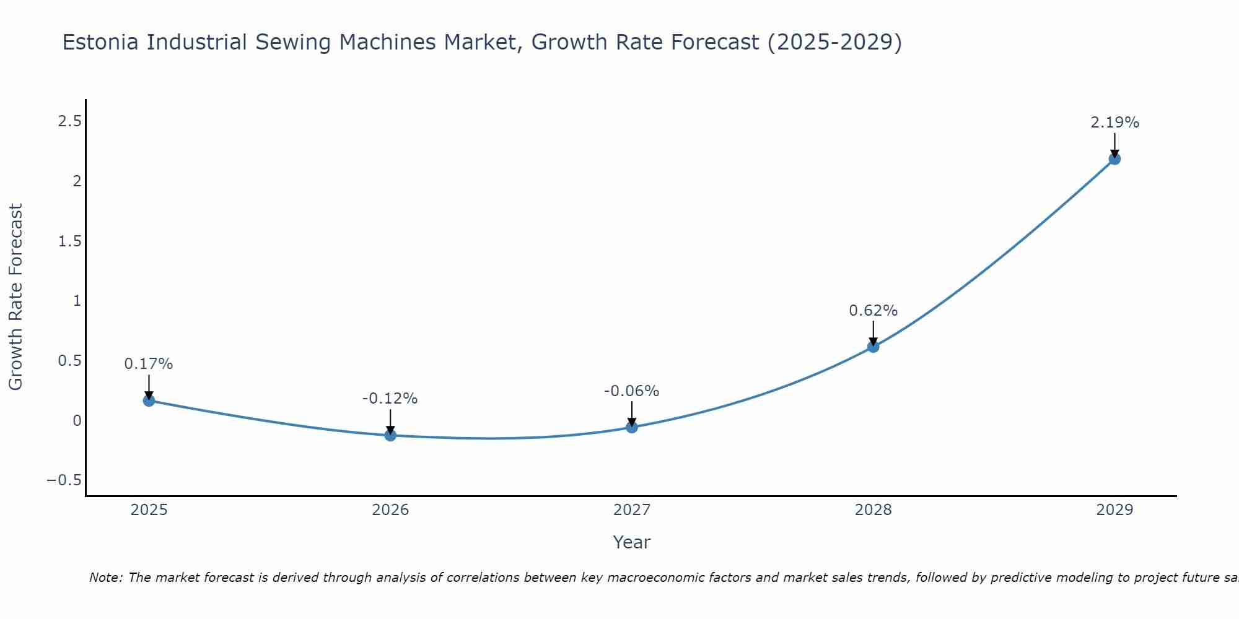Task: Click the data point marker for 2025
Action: pyautogui.click(x=149, y=400)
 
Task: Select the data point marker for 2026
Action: pyautogui.click(x=390, y=435)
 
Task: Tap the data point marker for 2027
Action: pyautogui.click(x=632, y=427)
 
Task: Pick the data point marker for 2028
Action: pyautogui.click(x=873, y=347)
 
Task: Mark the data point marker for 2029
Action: pyautogui.click(x=1114, y=159)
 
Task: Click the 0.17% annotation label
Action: pyautogui.click(x=149, y=364)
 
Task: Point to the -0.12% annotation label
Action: pyautogui.click(x=390, y=399)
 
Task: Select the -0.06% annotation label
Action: pyautogui.click(x=632, y=391)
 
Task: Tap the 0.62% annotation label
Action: pyautogui.click(x=873, y=311)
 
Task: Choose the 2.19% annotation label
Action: pyautogui.click(x=1114, y=123)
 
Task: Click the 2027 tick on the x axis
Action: pyautogui.click(x=632, y=510)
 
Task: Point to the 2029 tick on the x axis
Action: pyautogui.click(x=1114, y=510)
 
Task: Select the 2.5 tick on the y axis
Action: pyautogui.click(x=69, y=121)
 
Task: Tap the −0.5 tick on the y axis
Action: pyautogui.click(x=64, y=480)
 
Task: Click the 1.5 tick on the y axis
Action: pyautogui.click(x=69, y=241)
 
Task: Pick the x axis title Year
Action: pyautogui.click(x=631, y=542)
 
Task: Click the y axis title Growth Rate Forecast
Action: pyautogui.click(x=15, y=297)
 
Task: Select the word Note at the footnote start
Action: pyautogui.click(x=106, y=578)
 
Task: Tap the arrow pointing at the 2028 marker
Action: pyautogui.click(x=873, y=333)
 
